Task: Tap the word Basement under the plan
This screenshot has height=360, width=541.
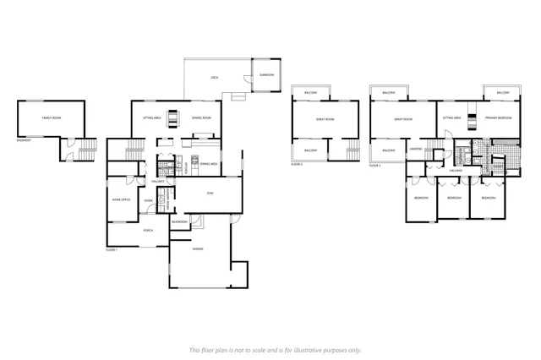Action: [24, 140]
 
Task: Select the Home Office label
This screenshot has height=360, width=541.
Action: [121, 199]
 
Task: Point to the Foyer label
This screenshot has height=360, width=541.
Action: [148, 200]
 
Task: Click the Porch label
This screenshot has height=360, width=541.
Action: [147, 229]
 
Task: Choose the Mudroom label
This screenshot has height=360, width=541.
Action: [179, 221]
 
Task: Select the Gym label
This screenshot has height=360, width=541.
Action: [210, 194]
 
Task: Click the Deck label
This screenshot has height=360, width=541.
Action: [216, 78]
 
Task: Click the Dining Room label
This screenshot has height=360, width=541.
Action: [201, 118]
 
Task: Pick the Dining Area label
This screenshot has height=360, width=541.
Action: [209, 163]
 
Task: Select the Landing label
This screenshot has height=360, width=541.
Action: [416, 150]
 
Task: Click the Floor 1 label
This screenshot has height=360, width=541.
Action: [112, 250]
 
